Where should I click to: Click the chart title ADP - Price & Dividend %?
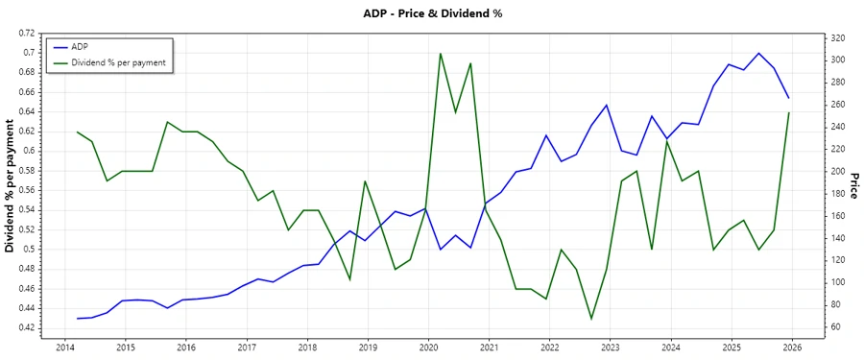pyautogui.click(x=432, y=13)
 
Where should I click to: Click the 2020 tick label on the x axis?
pyautogui.click(x=428, y=347)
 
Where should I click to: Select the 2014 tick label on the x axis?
pyautogui.click(x=65, y=347)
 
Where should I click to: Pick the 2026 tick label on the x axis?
pyautogui.click(x=792, y=347)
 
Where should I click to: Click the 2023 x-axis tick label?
pyautogui.click(x=611, y=347)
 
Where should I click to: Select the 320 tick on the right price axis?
pyautogui.click(x=837, y=38)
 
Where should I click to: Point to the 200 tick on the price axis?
pyautogui.click(x=837, y=172)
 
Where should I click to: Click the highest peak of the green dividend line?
pyautogui.click(x=440, y=53)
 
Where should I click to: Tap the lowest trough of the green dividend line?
pyautogui.click(x=591, y=319)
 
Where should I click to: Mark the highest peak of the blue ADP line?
pyautogui.click(x=758, y=53)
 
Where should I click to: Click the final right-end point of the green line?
pyautogui.click(x=789, y=112)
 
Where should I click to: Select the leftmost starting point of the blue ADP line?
pyautogui.click(x=77, y=318)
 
